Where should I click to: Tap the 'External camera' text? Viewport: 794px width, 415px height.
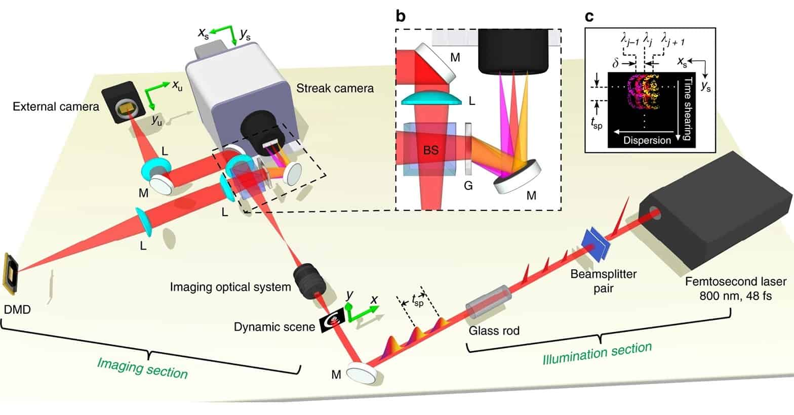tap(56, 107)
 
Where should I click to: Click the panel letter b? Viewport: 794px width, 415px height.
tap(401, 16)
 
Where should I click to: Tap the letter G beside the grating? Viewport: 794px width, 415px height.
tap(468, 186)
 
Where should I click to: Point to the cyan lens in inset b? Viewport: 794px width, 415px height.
tap(431, 98)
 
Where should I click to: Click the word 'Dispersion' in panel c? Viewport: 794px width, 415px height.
tap(647, 140)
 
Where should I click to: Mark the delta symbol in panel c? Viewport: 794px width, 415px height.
tap(615, 65)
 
